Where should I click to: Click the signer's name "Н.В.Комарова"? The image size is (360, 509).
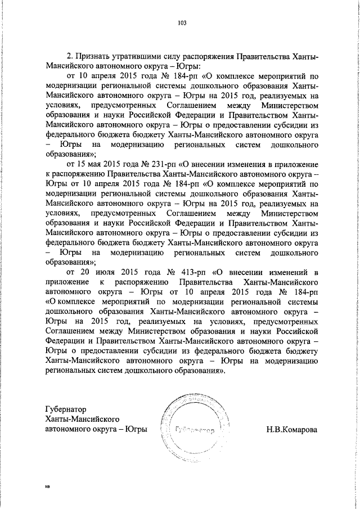click(x=292, y=430)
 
